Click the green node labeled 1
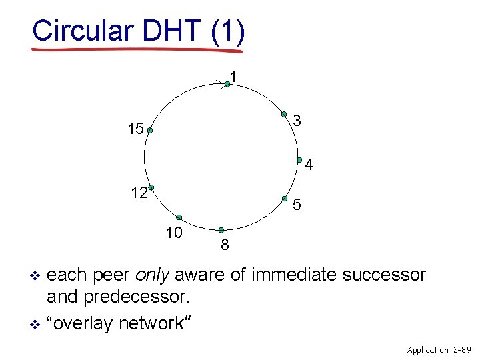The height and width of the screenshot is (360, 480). coord(227,83)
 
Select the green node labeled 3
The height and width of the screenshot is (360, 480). coord(283,113)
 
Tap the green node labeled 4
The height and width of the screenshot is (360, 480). coord(300,160)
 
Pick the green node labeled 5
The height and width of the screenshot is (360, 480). coord(285,198)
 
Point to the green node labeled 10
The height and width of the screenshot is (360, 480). coord(179,217)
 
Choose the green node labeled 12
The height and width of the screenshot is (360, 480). coord(151,187)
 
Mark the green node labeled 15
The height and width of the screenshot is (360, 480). coord(150,131)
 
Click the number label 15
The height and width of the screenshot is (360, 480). coord(135,129)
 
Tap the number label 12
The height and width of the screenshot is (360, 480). coord(139,193)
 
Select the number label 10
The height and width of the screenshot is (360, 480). coord(174,233)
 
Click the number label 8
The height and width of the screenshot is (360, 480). coord(225,246)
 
